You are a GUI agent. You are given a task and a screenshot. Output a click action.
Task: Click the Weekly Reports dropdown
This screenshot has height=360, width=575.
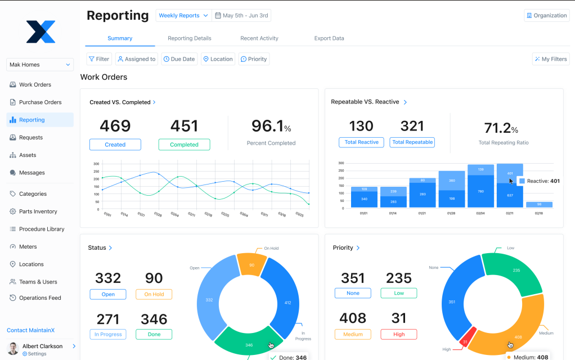point(183,16)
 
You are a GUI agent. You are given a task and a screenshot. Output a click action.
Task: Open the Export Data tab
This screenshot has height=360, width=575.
point(329,38)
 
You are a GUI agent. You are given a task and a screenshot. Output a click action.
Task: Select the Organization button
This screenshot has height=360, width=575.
point(547,16)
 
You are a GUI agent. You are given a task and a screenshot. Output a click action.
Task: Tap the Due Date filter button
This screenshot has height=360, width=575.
point(179,59)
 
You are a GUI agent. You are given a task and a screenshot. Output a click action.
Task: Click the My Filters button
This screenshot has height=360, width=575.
point(551,59)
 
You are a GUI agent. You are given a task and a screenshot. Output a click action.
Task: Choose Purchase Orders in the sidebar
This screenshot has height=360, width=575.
point(40,102)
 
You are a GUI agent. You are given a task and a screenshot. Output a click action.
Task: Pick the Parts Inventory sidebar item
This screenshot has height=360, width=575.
point(38,211)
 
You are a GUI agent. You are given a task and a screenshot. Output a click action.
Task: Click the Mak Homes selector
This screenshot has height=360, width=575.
point(40,65)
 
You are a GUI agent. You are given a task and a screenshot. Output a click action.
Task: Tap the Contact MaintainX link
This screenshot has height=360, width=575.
point(34,330)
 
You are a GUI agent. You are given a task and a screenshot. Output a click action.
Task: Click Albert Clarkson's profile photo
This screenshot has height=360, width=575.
point(13,348)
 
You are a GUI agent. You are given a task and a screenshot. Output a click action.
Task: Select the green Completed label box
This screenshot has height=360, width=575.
point(184,145)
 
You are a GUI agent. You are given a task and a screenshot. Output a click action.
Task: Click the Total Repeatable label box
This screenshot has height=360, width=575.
point(412,142)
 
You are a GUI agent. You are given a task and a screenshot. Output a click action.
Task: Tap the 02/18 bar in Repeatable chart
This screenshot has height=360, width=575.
point(539,204)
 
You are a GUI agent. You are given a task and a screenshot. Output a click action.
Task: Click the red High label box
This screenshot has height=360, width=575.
point(398,334)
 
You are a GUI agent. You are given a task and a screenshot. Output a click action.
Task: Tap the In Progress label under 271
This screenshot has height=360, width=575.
point(107,334)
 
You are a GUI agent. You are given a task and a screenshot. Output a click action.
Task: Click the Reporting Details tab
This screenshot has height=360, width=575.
point(190,38)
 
